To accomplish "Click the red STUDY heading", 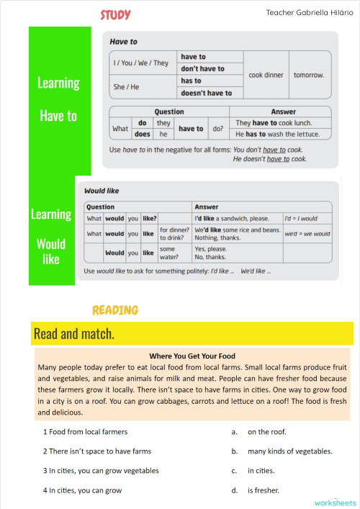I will coord(115,15).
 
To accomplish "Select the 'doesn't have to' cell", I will coord(206,93).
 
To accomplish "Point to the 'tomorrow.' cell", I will coord(308,75).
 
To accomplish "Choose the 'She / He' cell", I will coord(127,87).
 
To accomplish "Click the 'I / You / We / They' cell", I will coord(140,63).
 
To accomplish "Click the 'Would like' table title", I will coord(102,192).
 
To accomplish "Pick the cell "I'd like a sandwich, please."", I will coord(236,218).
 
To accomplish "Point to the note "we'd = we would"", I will coord(307,234).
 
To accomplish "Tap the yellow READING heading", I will coord(115,310).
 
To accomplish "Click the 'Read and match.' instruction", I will coord(74,334).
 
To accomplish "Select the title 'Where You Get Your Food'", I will coord(192,356).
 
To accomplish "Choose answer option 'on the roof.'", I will coord(266,432).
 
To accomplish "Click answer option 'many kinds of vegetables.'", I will coord(289,451).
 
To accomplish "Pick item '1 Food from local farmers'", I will coord(85,432).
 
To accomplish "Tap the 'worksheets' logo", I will coord(336,502).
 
